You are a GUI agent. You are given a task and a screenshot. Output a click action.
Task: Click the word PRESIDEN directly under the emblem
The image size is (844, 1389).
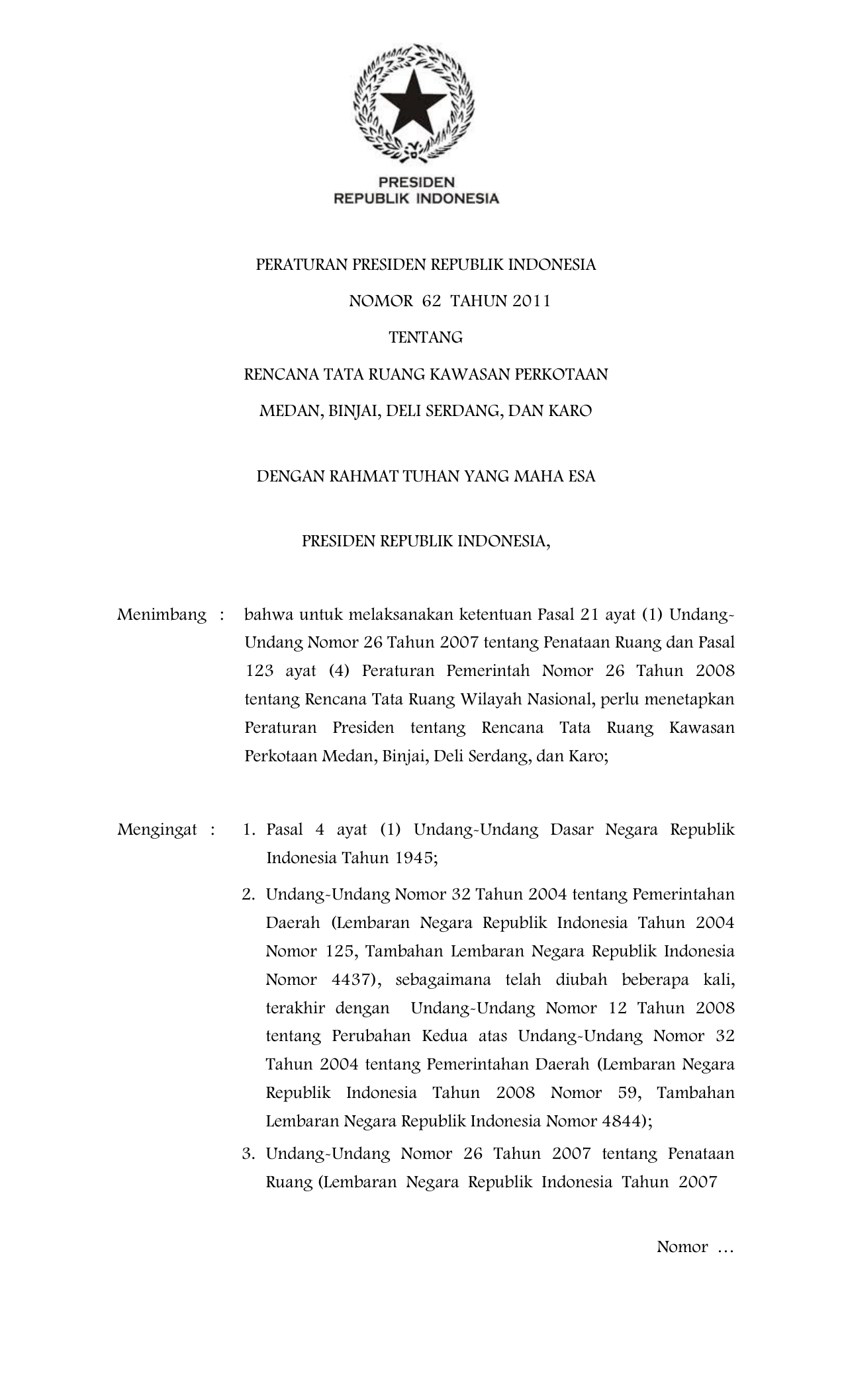(415, 181)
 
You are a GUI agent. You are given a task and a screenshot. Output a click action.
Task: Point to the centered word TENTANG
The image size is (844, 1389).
(425, 338)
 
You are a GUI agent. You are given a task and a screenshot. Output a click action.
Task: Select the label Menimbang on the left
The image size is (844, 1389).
(162, 615)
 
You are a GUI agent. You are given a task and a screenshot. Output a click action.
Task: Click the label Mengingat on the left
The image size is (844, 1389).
(157, 829)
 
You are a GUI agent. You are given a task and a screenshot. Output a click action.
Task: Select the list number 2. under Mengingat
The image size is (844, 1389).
(248, 895)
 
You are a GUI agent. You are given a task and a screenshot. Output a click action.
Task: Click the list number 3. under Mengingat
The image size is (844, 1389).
(248, 1154)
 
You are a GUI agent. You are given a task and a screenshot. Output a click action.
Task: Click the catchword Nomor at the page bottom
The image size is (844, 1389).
(682, 1247)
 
